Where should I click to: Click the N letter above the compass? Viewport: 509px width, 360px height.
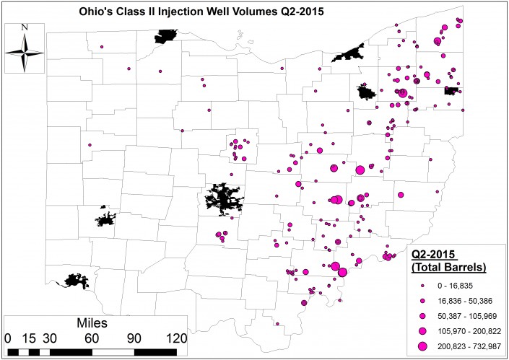[x=25, y=27]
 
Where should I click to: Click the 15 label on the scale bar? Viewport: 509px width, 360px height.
[x=30, y=337]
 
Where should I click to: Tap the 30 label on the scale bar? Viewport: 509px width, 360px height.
[x=51, y=337]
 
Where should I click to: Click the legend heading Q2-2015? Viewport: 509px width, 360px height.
[x=437, y=254]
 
